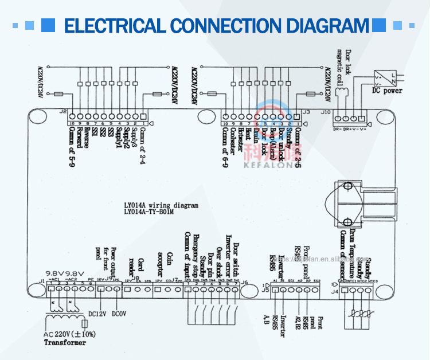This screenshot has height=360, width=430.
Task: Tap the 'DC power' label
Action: tap(387, 91)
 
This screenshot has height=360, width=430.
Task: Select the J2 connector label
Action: tap(62, 112)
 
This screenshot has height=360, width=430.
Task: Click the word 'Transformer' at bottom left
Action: tap(65, 342)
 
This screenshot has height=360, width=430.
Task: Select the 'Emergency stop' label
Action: tap(195, 256)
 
